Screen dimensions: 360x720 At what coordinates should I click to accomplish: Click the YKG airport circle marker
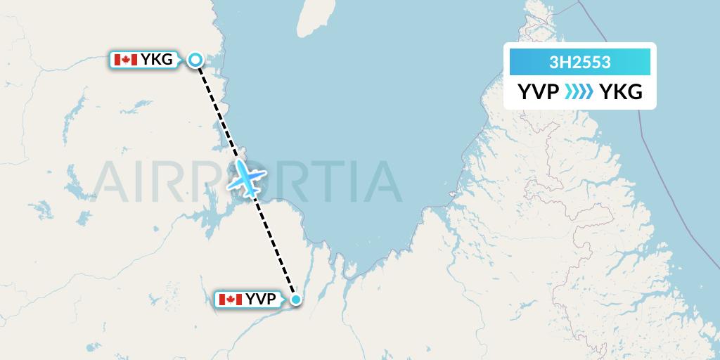pyautogui.click(x=196, y=60)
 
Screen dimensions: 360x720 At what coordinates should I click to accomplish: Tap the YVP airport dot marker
pyautogui.click(x=296, y=300)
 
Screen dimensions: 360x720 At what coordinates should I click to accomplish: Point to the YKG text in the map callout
pyautogui.click(x=156, y=60)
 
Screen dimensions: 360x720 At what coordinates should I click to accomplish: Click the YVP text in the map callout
pyautogui.click(x=262, y=300)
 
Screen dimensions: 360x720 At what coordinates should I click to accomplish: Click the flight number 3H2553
pyautogui.click(x=580, y=62)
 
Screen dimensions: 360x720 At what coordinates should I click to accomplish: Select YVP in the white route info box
pyautogui.click(x=539, y=92)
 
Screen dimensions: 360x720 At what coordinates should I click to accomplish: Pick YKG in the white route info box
pyautogui.click(x=621, y=92)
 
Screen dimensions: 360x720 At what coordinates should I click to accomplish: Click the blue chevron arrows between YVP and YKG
pyautogui.click(x=579, y=92)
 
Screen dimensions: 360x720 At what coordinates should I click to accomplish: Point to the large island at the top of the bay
pyautogui.click(x=311, y=18)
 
